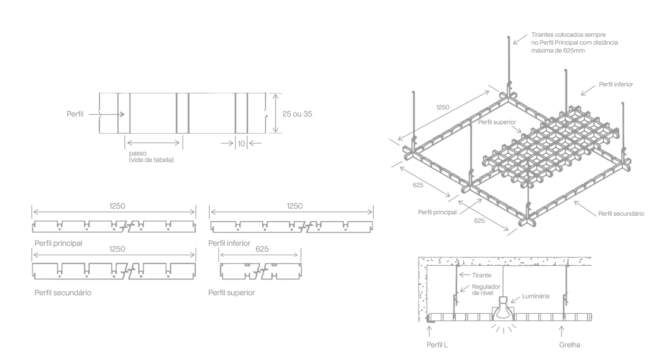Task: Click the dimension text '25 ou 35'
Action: click(297, 114)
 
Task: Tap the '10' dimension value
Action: click(241, 144)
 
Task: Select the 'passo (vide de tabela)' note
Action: click(151, 157)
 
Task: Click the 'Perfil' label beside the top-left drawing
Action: click(75, 114)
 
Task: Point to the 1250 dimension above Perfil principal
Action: click(117, 206)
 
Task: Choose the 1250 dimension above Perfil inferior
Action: click(295, 206)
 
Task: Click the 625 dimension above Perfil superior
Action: click(262, 249)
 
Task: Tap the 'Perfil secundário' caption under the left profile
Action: click(63, 293)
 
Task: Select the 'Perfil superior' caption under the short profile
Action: click(232, 293)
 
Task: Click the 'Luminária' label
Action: click(535, 296)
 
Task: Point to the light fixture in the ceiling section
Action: click(503, 309)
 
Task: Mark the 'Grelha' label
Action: click(570, 345)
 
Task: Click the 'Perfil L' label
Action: click(437, 345)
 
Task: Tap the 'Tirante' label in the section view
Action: click(482, 275)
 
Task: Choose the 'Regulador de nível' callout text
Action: click(486, 290)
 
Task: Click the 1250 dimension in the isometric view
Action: click(442, 107)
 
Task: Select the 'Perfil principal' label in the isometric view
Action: click(437, 212)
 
